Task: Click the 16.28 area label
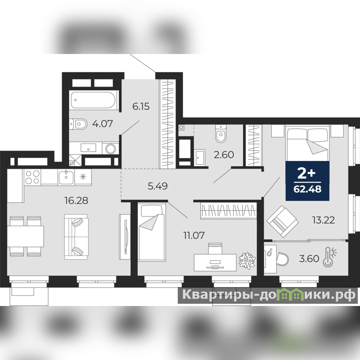tap(76, 200)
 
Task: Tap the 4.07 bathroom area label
tap(103, 124)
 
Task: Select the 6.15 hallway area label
tap(141, 107)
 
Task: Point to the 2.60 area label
tap(224, 155)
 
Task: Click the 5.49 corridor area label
tap(157, 186)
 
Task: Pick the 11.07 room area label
tap(194, 235)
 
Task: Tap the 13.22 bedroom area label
tap(324, 220)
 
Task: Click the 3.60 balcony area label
tap(309, 259)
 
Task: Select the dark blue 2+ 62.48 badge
tap(307, 181)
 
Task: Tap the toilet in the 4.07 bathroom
tap(78, 125)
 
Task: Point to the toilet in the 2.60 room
tap(221, 134)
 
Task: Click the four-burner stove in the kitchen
tap(32, 177)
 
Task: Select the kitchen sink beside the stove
tap(66, 177)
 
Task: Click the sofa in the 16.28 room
tap(76, 237)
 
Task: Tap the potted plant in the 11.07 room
tap(247, 261)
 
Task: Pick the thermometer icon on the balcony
tap(329, 256)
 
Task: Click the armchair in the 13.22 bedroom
tap(283, 221)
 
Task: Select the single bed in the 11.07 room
tap(152, 232)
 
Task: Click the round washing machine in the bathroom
tap(110, 148)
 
